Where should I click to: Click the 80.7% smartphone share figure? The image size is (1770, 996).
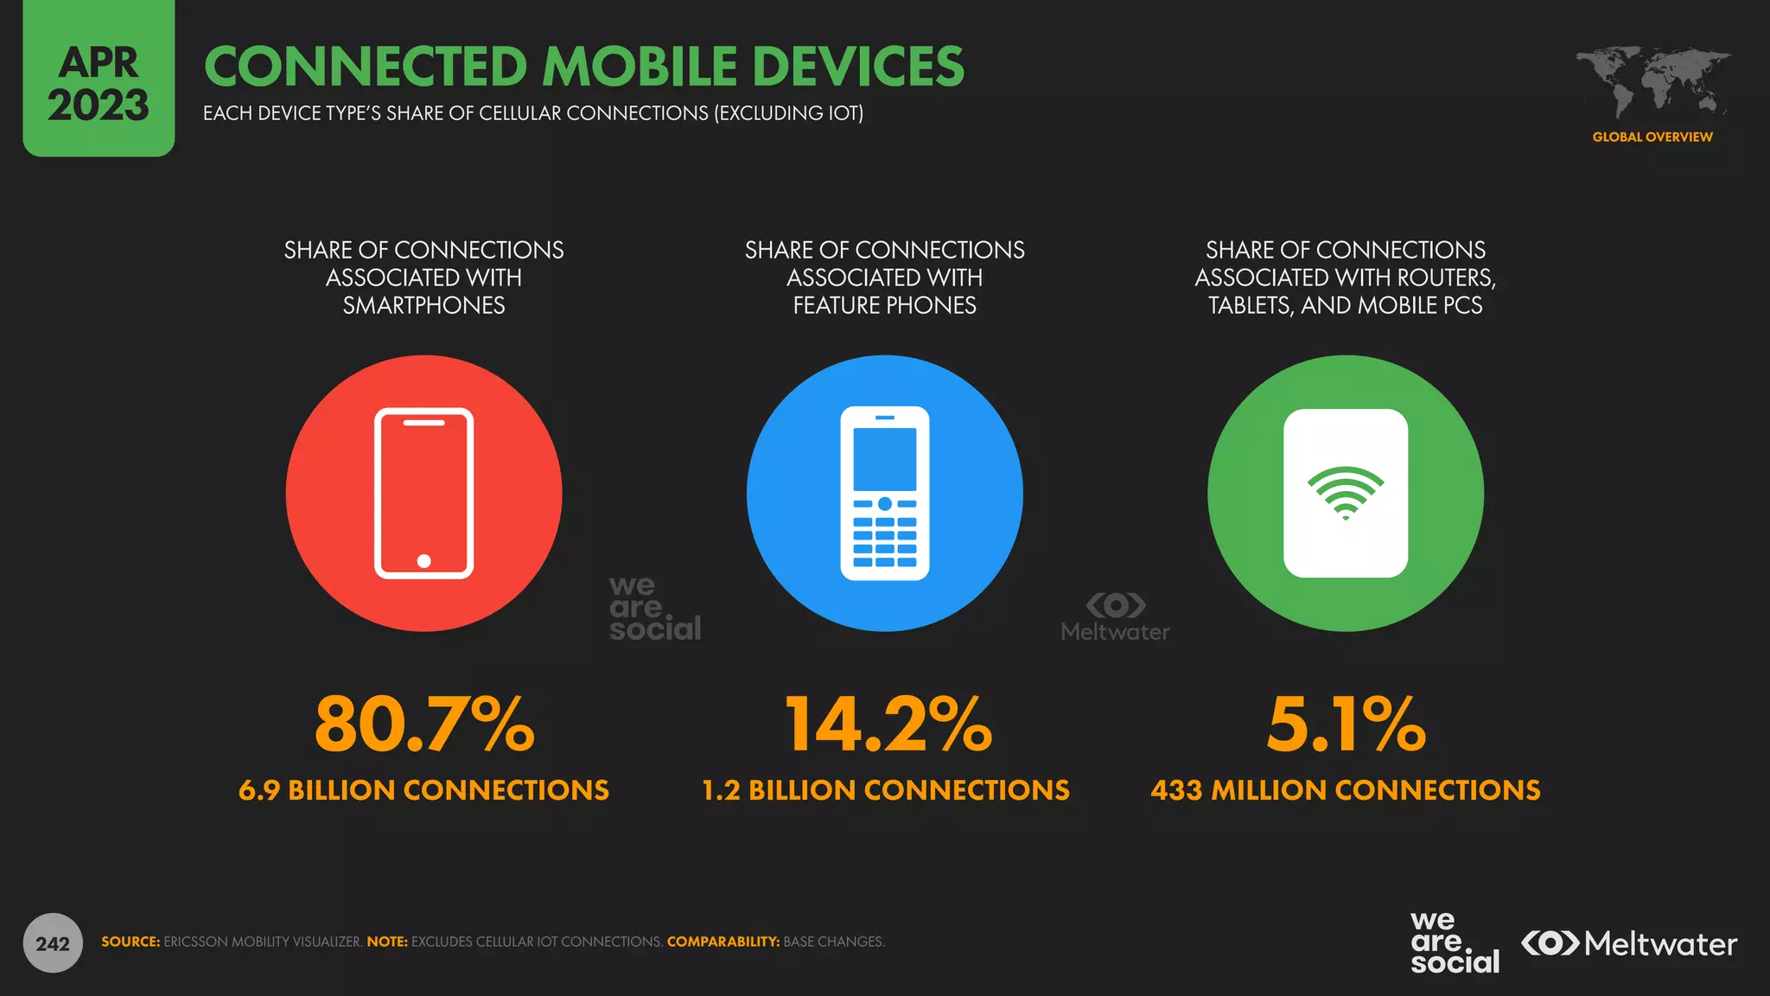tap(424, 725)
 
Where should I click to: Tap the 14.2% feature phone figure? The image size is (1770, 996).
tap(888, 725)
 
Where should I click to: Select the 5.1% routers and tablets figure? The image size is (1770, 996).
tap(1346, 725)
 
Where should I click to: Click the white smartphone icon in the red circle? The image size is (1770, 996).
tap(423, 493)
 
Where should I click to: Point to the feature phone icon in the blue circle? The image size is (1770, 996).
tap(884, 494)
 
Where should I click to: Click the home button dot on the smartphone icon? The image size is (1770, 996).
tap(423, 561)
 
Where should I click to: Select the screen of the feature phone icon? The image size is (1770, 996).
tap(884, 459)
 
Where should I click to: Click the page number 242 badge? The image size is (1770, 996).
tap(53, 943)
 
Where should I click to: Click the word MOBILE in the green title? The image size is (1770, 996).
tap(640, 67)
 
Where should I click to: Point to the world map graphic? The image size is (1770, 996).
tap(1652, 83)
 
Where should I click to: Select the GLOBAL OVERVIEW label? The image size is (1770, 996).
tap(1652, 137)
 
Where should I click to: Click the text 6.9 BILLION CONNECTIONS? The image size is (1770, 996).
tap(423, 790)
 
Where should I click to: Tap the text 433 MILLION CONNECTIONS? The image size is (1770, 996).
tap(1346, 790)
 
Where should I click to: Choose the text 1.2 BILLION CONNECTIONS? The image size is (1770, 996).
tap(886, 790)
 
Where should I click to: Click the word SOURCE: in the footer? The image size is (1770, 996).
tap(131, 942)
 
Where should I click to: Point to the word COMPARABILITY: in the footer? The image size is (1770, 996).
tap(723, 942)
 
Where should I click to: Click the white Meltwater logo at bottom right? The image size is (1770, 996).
tap(1629, 943)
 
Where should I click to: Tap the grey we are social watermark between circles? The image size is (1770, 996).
tap(654, 609)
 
